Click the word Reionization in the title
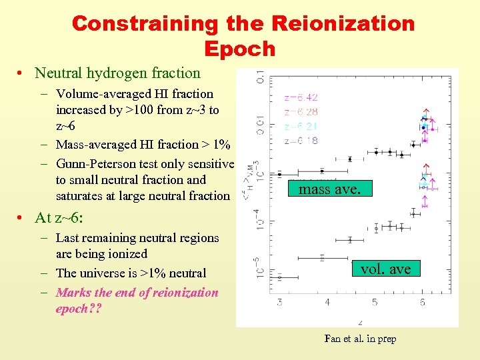point(343,24)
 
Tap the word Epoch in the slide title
point(240,49)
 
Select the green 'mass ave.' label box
point(329,189)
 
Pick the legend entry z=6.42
point(301,97)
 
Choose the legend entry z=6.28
point(301,112)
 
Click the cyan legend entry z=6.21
point(301,127)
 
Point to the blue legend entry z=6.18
point(301,141)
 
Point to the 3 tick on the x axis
point(279,303)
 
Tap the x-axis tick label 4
point(327,303)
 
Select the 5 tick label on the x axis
point(375,303)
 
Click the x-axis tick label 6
point(422,303)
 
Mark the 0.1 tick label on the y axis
point(260,78)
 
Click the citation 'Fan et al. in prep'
point(360,339)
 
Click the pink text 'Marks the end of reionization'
point(137,292)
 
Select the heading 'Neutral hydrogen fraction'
point(117,73)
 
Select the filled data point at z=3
point(280,174)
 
